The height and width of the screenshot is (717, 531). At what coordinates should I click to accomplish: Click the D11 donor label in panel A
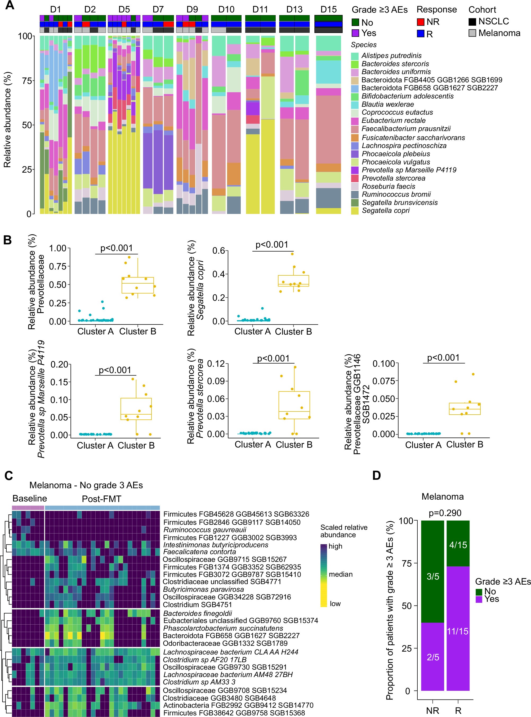[x=260, y=9]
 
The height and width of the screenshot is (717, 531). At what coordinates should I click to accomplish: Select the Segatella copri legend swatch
[x=355, y=211]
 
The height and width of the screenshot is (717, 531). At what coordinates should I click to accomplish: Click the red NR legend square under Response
[x=420, y=22]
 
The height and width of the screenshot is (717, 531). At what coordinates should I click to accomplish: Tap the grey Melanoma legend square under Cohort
[x=472, y=33]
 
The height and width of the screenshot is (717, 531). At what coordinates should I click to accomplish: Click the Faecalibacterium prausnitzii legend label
[x=406, y=129]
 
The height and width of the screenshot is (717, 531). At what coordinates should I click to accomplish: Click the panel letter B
[x=7, y=240]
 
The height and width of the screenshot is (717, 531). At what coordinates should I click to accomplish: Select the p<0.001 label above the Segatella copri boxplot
[x=272, y=245]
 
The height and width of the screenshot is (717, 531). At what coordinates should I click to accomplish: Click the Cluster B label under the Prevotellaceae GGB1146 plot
[x=465, y=445]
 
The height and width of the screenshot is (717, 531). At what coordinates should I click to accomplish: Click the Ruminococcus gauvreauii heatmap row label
[x=205, y=530]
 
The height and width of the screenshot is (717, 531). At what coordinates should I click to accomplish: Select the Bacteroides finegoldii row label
[x=198, y=613]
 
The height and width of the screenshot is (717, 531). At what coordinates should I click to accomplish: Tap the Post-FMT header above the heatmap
[x=102, y=499]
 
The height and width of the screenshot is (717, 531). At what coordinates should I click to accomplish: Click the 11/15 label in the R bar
[x=458, y=631]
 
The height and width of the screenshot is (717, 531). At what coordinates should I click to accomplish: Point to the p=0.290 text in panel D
[x=445, y=513]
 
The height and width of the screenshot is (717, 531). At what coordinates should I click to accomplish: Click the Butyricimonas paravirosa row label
[x=203, y=589]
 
